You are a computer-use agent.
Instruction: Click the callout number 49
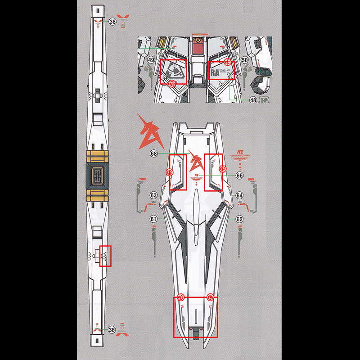[x=151, y=60]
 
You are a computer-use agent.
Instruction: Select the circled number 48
[x=253, y=100]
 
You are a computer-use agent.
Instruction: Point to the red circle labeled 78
[x=172, y=83]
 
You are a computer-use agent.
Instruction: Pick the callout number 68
[x=154, y=153]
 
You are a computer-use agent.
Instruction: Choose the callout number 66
[x=239, y=175]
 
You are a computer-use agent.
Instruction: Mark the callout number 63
[x=154, y=195]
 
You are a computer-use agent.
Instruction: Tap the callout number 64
[x=239, y=195]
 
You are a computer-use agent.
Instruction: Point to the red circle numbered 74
[x=170, y=172]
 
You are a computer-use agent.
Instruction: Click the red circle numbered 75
[x=222, y=168]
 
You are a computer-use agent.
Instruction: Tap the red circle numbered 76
[x=181, y=297]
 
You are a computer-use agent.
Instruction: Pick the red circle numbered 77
[x=210, y=297]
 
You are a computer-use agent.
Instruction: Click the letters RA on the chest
[x=214, y=72]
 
